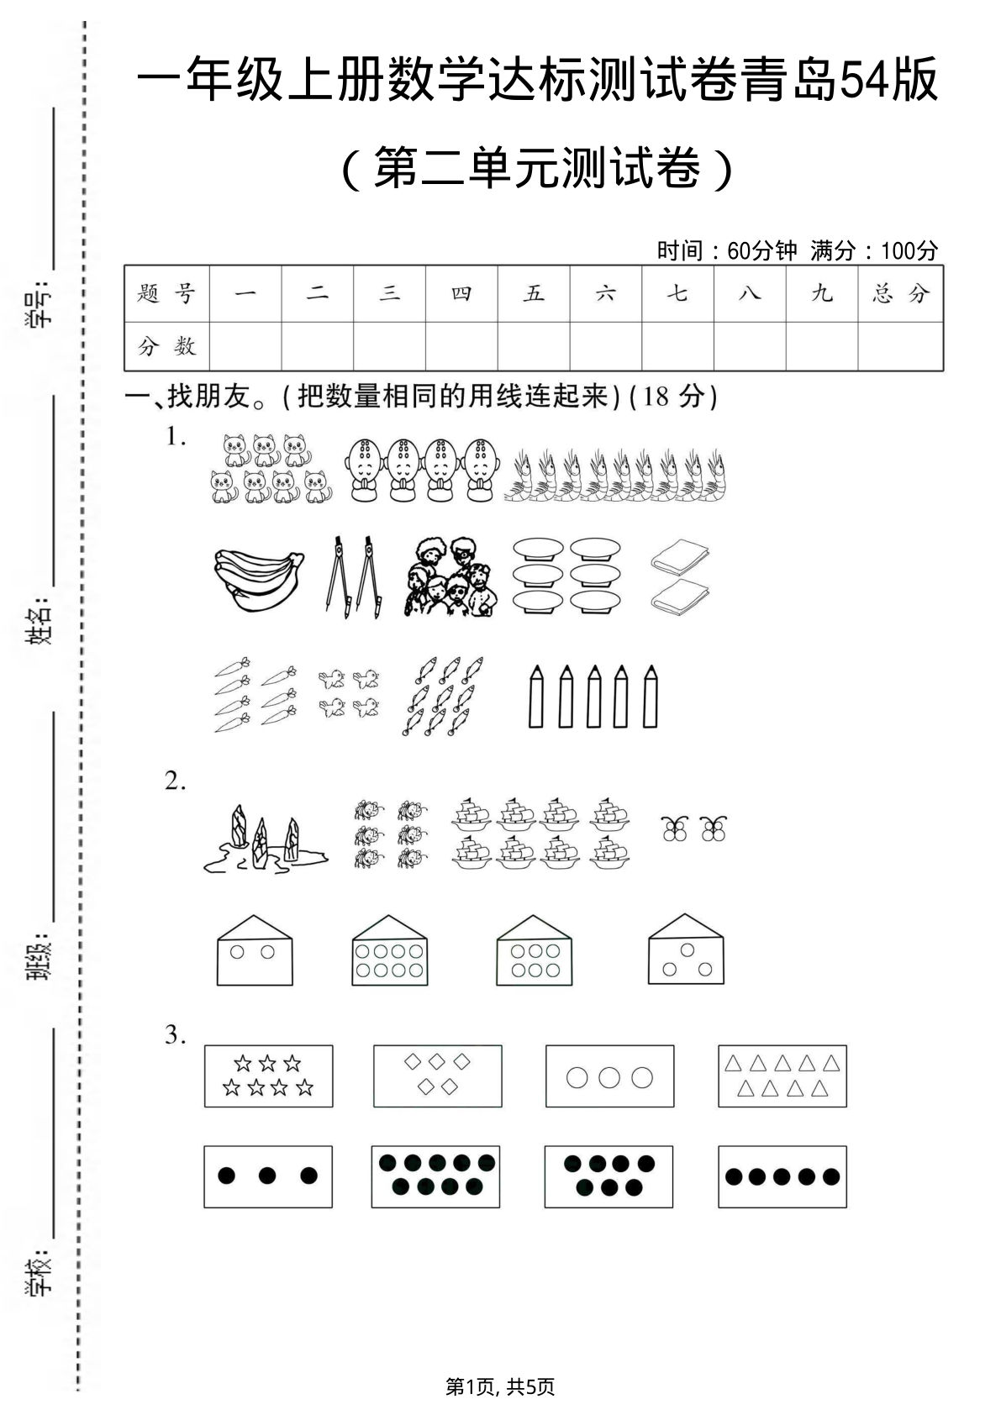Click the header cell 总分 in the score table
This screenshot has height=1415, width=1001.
(x=900, y=293)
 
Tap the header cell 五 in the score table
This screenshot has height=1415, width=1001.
(x=534, y=293)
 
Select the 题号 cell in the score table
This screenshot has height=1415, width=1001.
(x=166, y=293)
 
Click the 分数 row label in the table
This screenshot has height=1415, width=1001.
(x=166, y=345)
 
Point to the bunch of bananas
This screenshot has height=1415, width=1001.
(x=256, y=579)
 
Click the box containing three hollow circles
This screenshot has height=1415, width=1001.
(x=609, y=1076)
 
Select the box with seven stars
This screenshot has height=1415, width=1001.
(x=268, y=1076)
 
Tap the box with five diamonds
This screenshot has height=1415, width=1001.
(x=437, y=1076)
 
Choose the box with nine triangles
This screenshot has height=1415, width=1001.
(x=782, y=1076)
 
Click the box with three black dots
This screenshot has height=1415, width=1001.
(x=268, y=1176)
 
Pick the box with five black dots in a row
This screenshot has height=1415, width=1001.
(x=782, y=1176)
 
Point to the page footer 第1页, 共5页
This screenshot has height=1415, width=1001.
(x=500, y=1386)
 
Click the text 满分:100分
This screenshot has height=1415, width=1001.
(x=874, y=250)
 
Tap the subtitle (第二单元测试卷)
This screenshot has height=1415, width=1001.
(x=538, y=168)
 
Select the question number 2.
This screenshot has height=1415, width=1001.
(x=175, y=781)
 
